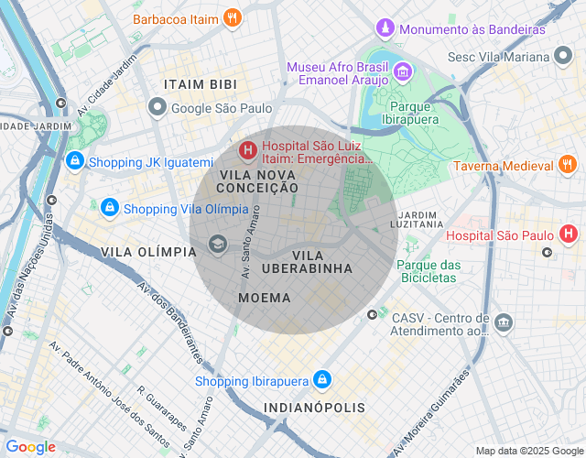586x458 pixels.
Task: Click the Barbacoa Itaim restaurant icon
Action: [233, 18]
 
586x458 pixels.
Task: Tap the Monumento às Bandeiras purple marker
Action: [386, 29]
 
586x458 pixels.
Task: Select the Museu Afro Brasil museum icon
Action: [402, 71]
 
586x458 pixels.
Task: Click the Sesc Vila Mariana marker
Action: [564, 57]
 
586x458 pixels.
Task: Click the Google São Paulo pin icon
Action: [157, 108]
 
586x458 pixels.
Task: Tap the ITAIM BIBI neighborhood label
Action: [200, 84]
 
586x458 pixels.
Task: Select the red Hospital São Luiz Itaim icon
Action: [247, 149]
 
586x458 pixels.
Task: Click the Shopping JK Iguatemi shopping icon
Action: [74, 162]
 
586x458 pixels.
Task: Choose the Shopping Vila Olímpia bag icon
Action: [110, 208]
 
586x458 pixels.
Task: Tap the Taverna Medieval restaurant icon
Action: [568, 166]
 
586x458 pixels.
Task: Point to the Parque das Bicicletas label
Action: [427, 270]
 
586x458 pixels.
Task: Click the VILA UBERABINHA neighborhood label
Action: [307, 261]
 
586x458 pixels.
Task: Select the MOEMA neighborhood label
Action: [264, 298]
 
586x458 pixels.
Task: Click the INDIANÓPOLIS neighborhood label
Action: [314, 407]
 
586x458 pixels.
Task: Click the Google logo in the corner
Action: [30, 447]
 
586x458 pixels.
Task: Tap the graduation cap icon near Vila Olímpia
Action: [218, 243]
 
